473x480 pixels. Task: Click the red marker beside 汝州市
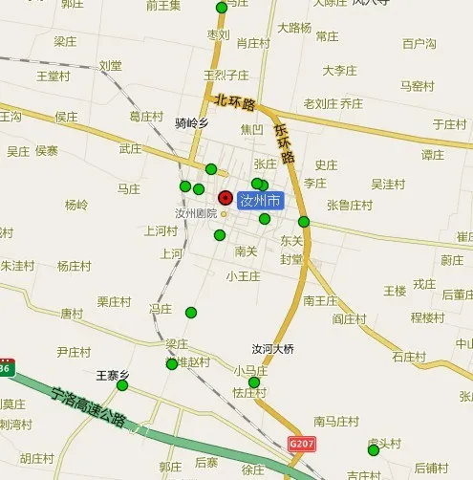(226, 198)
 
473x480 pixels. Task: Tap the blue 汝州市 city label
(260, 201)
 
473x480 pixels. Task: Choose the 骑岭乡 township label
(191, 122)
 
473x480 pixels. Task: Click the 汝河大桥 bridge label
(273, 349)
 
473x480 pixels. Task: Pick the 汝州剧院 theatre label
(196, 213)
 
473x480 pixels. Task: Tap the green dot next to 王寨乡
(122, 385)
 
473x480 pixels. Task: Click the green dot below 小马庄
(254, 382)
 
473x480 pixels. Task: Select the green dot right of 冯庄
(190, 312)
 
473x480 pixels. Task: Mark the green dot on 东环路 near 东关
(304, 222)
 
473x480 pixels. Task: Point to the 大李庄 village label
(339, 71)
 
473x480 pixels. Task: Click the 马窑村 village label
(418, 86)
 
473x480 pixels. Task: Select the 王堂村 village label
(54, 76)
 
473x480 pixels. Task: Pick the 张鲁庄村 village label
(350, 205)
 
